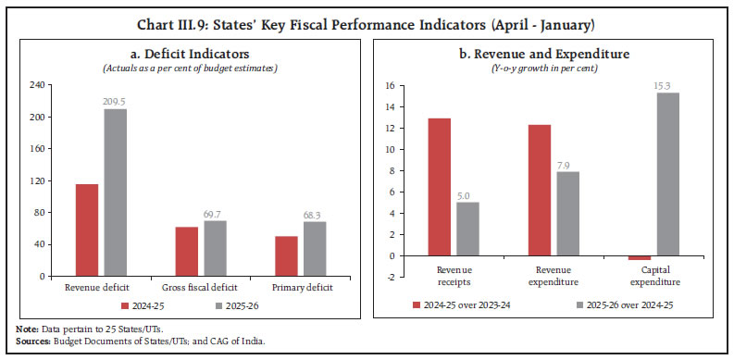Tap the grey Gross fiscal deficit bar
(216, 248)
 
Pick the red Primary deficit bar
(288, 255)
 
